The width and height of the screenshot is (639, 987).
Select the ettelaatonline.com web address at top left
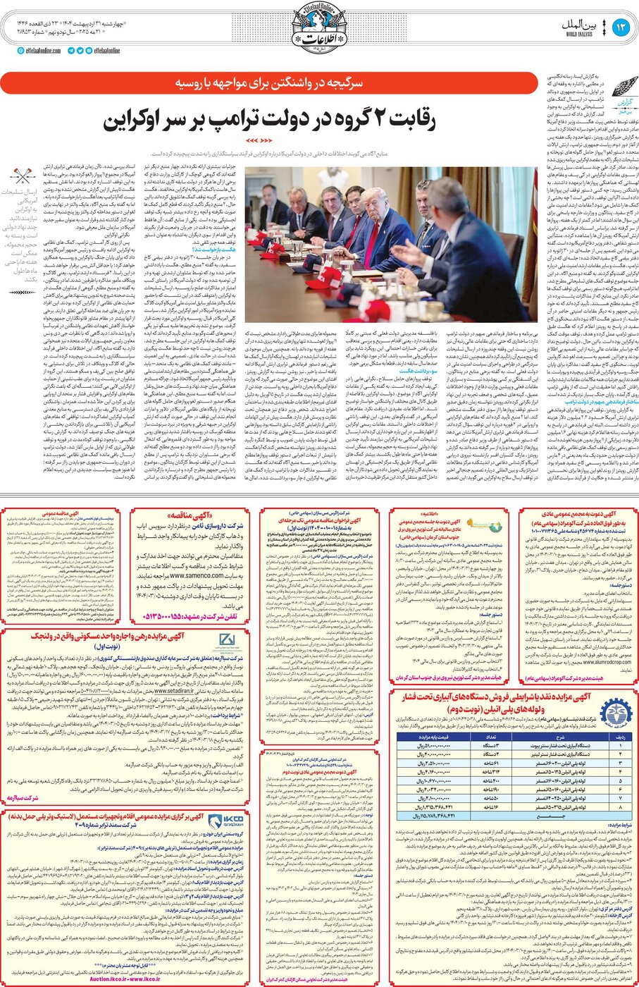click(43, 50)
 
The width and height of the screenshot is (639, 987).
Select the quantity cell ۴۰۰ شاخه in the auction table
click(485, 782)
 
